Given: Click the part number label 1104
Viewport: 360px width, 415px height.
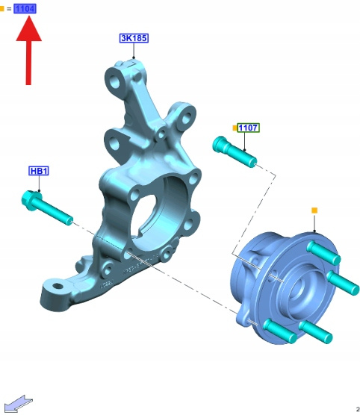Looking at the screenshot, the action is click(25, 9).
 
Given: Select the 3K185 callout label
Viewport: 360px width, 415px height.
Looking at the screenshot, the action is click(134, 38).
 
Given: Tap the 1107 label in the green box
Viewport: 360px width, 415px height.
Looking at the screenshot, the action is click(248, 128).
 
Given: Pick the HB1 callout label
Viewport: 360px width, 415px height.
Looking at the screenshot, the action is click(39, 171).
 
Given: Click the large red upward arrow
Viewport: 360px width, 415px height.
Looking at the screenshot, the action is click(28, 50).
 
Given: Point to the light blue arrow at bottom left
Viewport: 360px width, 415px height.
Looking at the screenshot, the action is click(19, 403).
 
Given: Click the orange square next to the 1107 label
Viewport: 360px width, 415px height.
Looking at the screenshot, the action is click(235, 128).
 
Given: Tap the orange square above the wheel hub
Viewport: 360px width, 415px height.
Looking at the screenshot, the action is click(314, 210).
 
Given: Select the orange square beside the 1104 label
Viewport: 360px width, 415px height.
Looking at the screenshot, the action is click(1, 9).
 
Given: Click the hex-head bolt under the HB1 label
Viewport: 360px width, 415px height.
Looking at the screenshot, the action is click(47, 208).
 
